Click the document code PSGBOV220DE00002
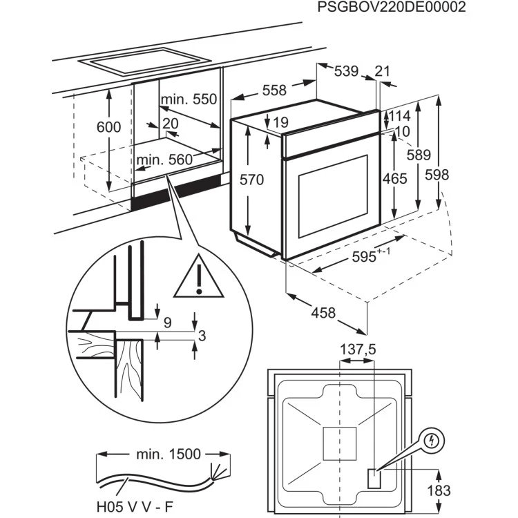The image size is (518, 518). coord(391,8)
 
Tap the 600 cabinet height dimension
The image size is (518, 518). coord(108,127)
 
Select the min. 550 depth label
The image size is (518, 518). coord(189,99)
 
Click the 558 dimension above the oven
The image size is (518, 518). coord(274,90)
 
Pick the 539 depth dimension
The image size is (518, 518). coord(346,71)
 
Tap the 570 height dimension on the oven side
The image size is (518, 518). coord(252,180)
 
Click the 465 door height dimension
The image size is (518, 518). coord(394,178)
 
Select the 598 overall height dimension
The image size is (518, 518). coord(437,175)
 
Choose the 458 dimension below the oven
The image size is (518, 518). coord(323,313)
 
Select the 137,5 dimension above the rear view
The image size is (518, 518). coord(358,350)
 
